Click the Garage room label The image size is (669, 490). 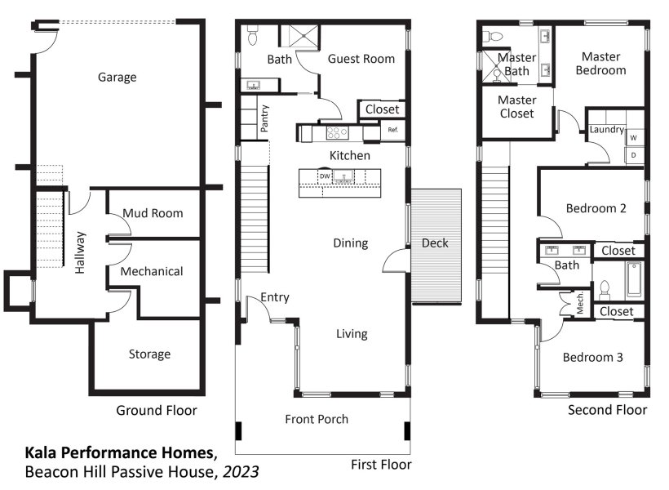pyautogui.click(x=117, y=78)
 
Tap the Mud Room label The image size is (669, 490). pyautogui.click(x=153, y=213)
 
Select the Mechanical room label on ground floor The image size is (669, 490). pyautogui.click(x=152, y=271)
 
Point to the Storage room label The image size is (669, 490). pyautogui.click(x=149, y=354)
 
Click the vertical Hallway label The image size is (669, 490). pyautogui.click(x=80, y=252)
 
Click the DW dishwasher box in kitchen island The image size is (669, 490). pyautogui.click(x=325, y=176)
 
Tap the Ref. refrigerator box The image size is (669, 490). pyautogui.click(x=392, y=131)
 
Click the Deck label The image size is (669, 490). pyautogui.click(x=435, y=243)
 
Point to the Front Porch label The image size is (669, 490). pyautogui.click(x=317, y=420)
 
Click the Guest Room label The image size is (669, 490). pyautogui.click(x=361, y=59)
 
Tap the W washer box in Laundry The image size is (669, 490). pyautogui.click(x=632, y=139)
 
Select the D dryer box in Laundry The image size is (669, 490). pyautogui.click(x=632, y=154)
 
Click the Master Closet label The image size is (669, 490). pyautogui.click(x=516, y=107)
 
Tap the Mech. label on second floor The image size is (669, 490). pyautogui.click(x=579, y=302)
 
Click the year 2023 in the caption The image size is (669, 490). pyautogui.click(x=244, y=472)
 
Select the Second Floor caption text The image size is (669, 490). pyautogui.click(x=607, y=410)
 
